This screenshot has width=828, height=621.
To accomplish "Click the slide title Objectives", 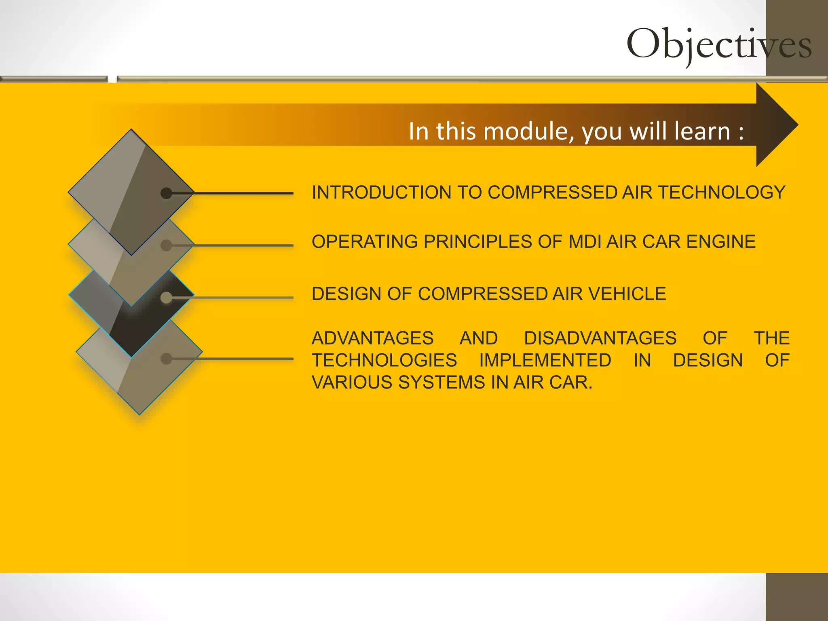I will click(x=718, y=44).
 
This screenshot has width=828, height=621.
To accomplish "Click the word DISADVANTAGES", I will click(x=600, y=338).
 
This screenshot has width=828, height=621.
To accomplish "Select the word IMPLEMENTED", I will click(x=545, y=360).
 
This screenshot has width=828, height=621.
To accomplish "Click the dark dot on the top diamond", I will click(x=166, y=193).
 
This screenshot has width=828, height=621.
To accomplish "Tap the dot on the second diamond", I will click(x=166, y=245).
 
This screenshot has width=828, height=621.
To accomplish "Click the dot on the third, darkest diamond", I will click(x=166, y=298).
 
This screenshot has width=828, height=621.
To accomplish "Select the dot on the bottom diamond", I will click(x=166, y=359).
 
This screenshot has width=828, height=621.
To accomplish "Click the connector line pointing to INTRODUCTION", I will click(x=243, y=193).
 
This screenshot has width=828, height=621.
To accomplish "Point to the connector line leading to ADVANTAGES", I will click(x=243, y=359).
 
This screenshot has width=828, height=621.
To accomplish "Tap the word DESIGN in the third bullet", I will click(x=346, y=294).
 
